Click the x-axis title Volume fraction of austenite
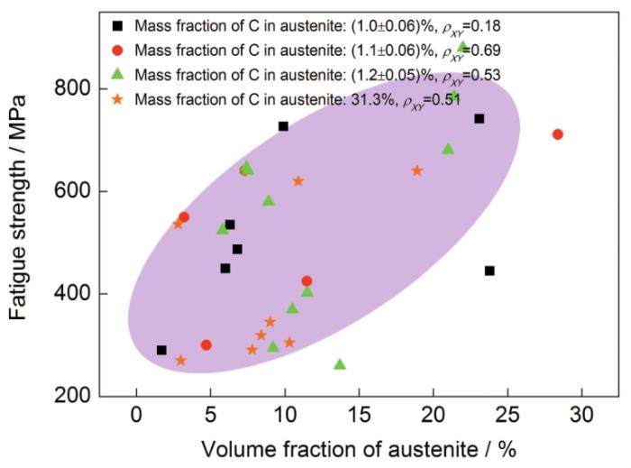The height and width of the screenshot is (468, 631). coord(359,447)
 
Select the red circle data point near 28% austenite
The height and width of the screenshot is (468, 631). coord(558,134)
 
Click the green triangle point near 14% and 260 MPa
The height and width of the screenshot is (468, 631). coord(340,364)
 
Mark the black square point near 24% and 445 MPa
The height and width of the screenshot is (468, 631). coord(489,271)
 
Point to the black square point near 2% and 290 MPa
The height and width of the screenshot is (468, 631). coord(161,350)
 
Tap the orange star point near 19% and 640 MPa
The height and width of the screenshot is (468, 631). coord(417,170)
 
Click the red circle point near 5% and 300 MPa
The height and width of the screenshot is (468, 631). coord(206,344)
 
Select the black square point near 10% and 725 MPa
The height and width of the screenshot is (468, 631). coord(283,126)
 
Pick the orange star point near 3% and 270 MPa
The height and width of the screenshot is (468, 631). coord(180,360)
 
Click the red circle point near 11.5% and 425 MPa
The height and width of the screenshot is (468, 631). coord(306,281)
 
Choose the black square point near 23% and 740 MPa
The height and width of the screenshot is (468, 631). coord(480,118)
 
